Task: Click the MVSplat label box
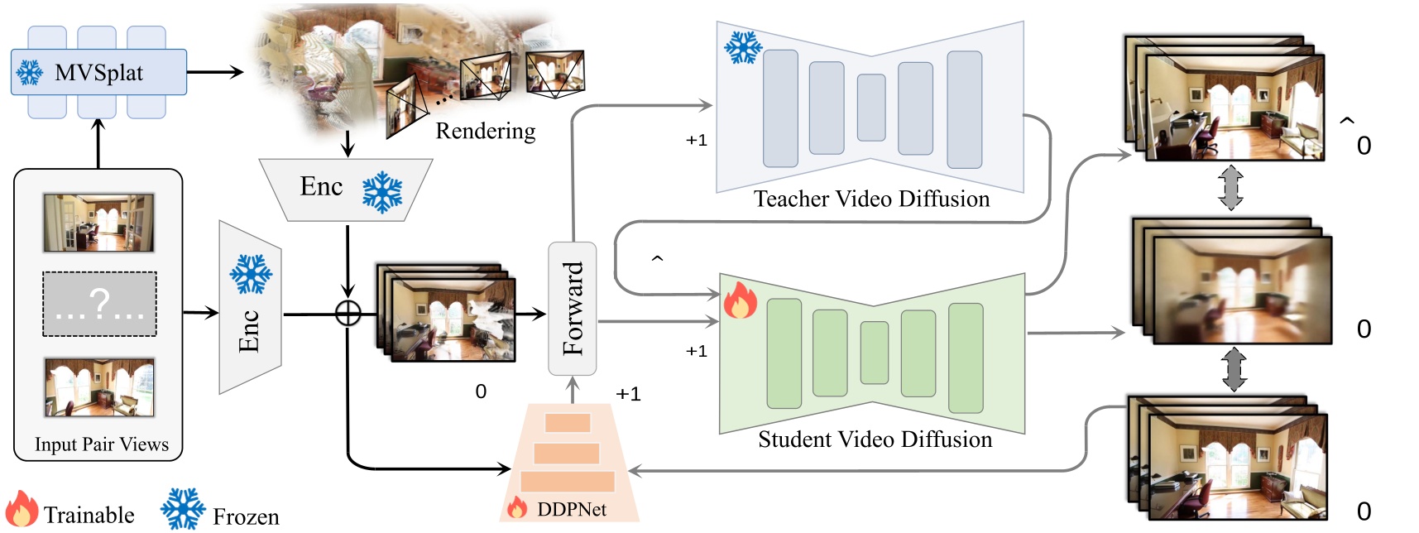point(98,72)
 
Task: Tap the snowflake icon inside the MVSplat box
point(30,73)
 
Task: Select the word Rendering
point(485,131)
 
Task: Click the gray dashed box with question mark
point(99,304)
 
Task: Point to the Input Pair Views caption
point(101,444)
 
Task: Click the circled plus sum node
point(348,313)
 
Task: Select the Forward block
point(573,308)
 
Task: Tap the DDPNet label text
point(571,509)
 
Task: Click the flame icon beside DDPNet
point(517,507)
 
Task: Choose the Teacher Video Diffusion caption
point(871,199)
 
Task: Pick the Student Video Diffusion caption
point(875,439)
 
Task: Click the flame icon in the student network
point(740,301)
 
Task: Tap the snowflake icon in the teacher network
point(742,48)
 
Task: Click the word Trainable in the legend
point(89,515)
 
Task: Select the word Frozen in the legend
point(246,516)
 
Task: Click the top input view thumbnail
point(98,223)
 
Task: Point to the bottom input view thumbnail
point(99,387)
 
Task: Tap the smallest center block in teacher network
point(870,108)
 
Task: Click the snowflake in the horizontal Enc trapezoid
point(382,192)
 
